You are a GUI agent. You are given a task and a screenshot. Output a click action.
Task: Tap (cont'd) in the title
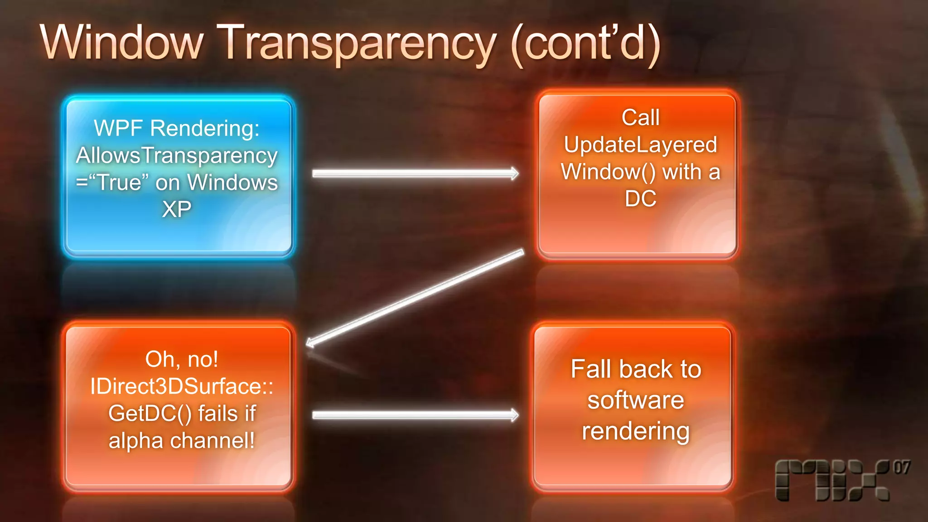585,43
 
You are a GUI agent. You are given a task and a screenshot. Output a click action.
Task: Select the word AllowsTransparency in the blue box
177,155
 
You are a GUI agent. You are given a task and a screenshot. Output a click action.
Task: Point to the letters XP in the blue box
177,209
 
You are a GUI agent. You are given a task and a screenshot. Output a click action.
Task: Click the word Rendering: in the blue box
205,128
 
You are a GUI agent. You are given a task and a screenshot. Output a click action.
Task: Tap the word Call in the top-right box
640,118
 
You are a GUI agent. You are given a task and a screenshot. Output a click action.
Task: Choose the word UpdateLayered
640,145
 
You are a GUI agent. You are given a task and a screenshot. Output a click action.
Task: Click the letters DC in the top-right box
640,198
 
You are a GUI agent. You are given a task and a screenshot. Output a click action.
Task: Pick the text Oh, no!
182,359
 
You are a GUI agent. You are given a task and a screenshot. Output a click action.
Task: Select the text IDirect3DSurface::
182,387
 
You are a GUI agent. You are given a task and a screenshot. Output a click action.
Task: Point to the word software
636,400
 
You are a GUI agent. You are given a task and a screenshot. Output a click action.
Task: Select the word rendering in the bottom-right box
636,431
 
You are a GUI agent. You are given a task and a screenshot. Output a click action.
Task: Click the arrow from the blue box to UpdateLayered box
415,174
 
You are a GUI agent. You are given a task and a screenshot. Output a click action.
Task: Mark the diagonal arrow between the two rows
415,298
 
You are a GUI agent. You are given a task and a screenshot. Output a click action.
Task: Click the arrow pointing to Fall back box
415,415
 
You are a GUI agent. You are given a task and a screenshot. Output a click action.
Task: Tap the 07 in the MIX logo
901,468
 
